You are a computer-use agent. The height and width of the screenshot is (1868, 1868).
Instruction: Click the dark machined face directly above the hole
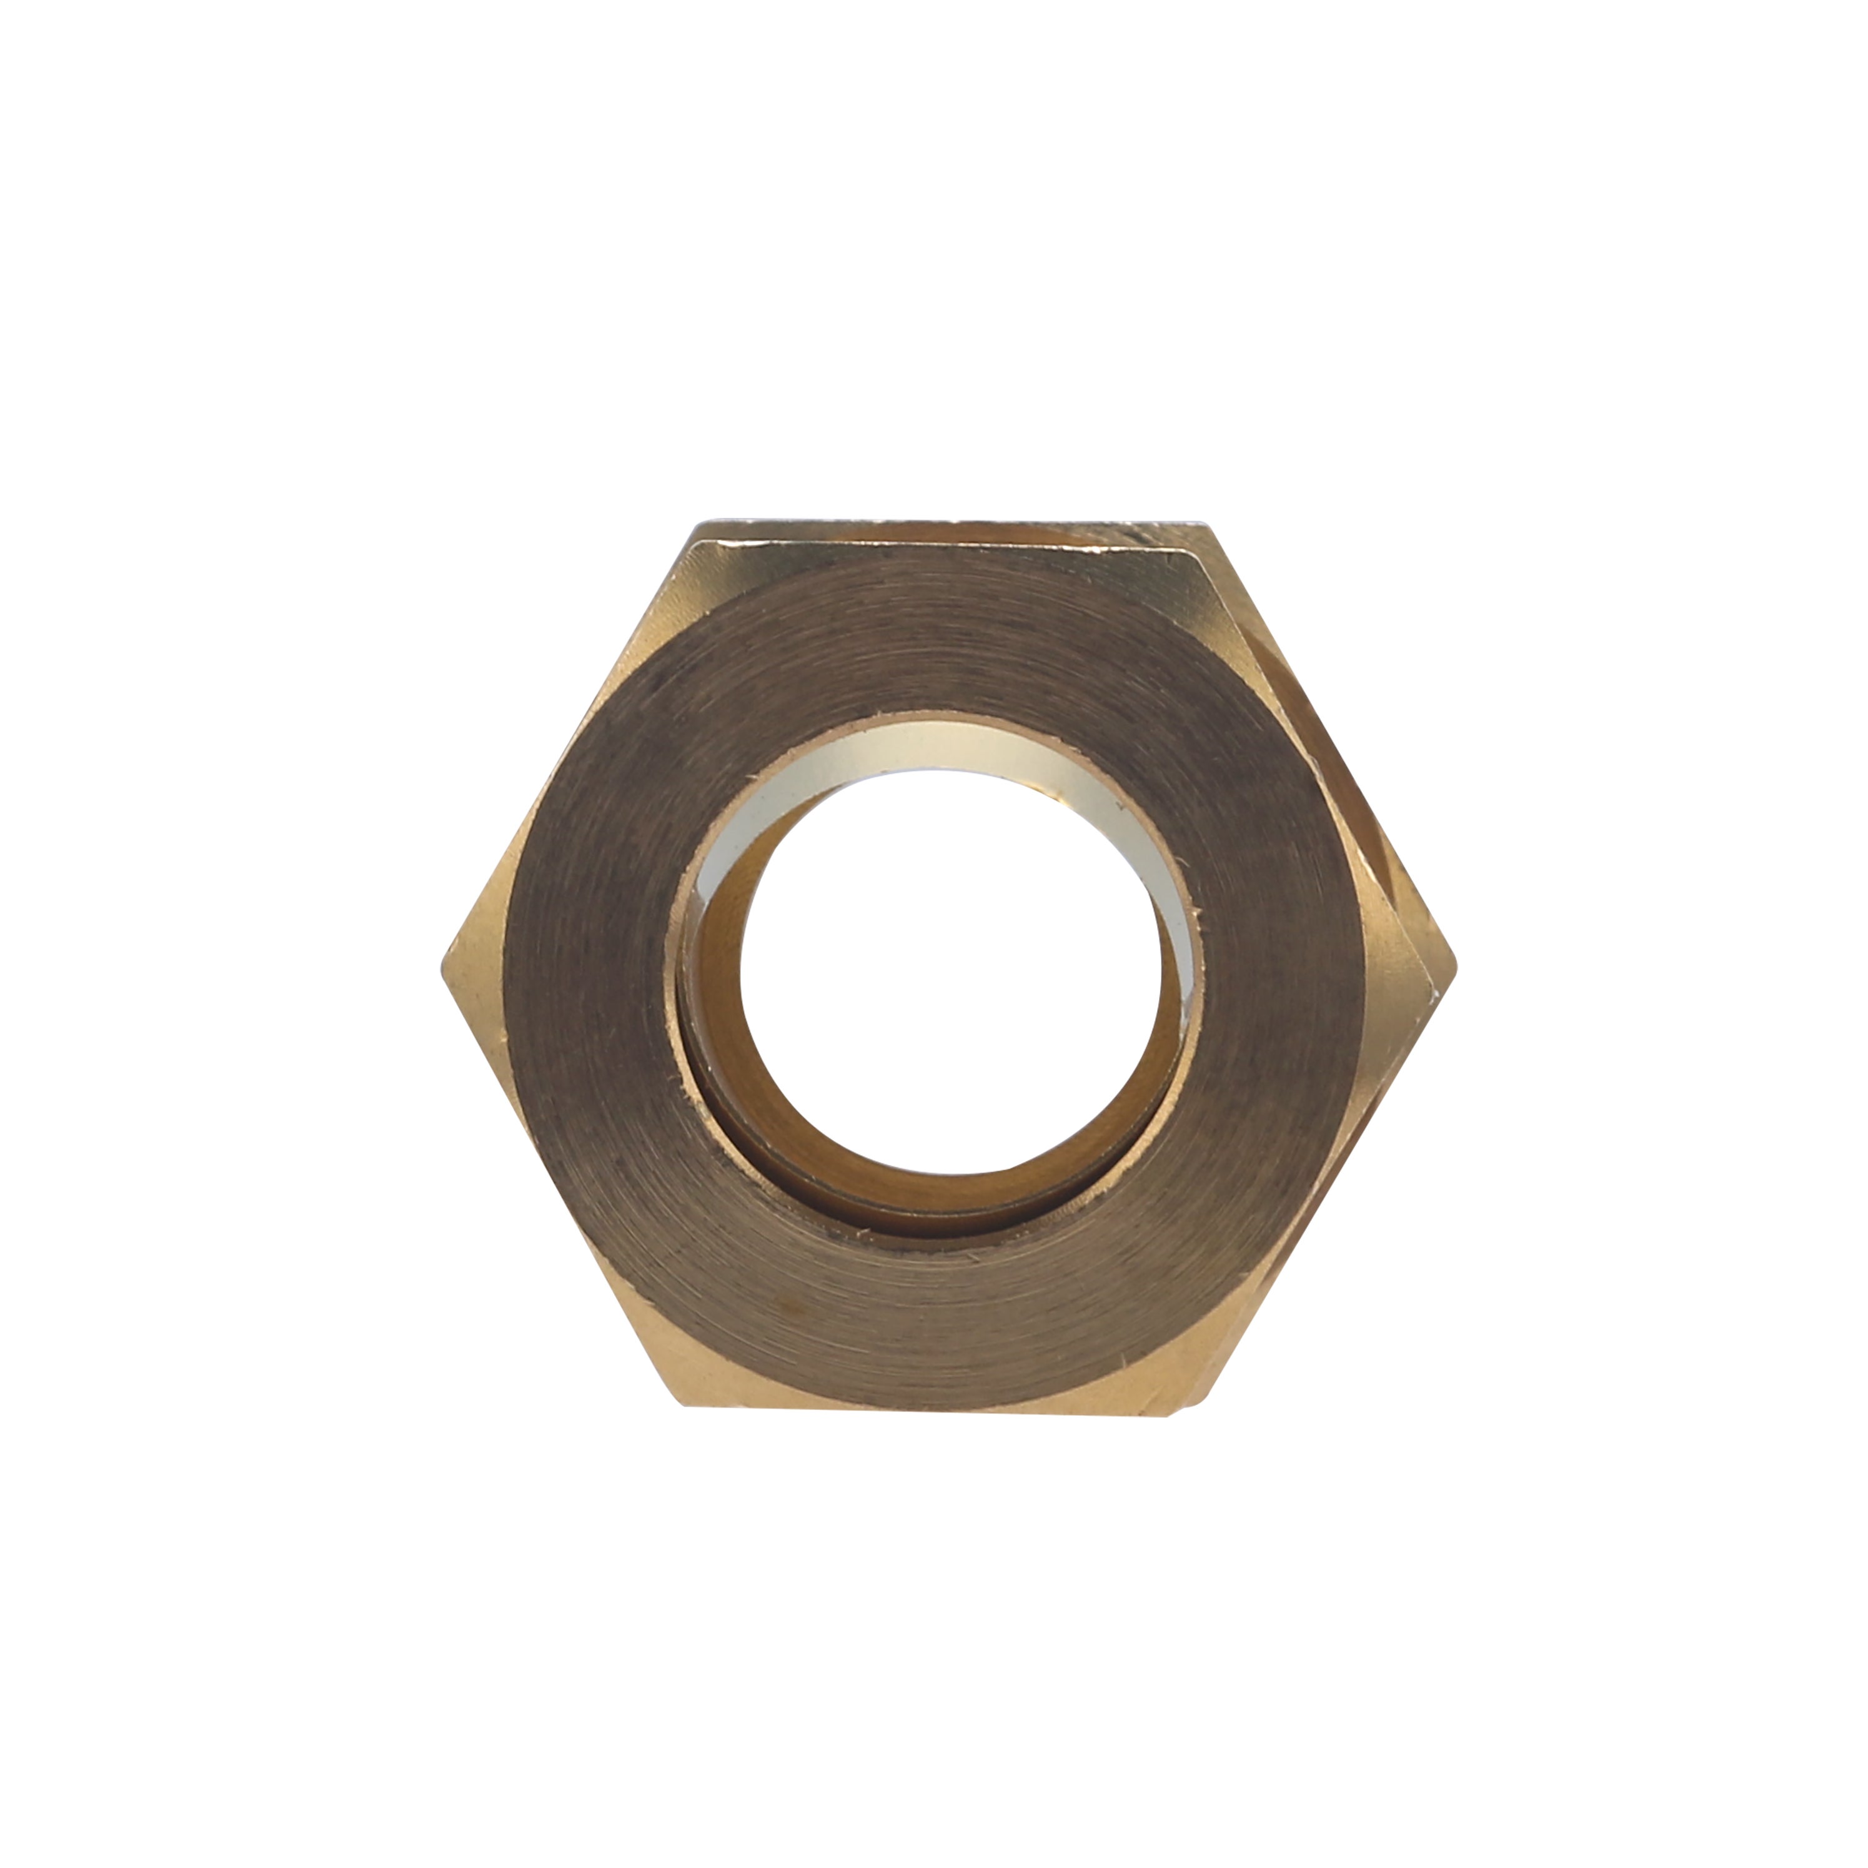pos(943,677)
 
